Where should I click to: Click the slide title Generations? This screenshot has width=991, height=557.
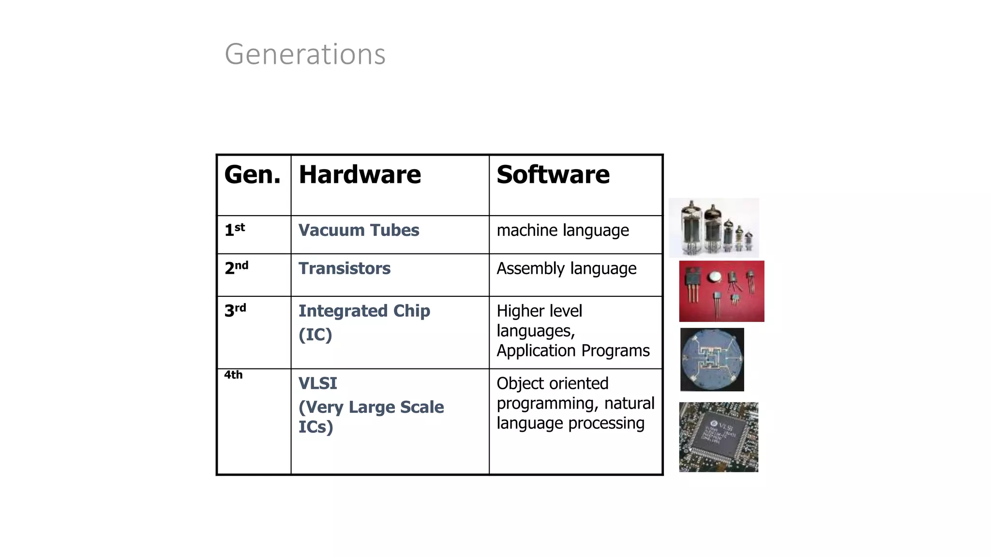point(305,54)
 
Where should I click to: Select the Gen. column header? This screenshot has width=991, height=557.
point(252,175)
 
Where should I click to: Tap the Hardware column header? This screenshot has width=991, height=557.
point(360,175)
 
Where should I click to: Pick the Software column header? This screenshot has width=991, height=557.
point(553,175)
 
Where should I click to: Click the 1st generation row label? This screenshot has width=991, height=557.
point(235,230)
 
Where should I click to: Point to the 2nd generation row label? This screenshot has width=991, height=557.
point(236,268)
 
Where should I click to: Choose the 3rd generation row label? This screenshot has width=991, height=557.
point(235,310)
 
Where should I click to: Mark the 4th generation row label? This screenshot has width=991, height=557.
point(233,375)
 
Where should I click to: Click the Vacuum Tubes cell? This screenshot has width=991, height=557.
point(359,230)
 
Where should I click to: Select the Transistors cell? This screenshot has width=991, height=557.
point(344,268)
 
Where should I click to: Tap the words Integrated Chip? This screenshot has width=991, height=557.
point(364,311)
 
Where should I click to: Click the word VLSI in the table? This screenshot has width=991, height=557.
point(317,383)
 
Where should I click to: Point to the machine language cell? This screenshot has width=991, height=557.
point(562,231)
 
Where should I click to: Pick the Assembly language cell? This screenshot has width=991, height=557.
point(566,269)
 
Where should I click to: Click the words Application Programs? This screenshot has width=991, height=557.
point(573,351)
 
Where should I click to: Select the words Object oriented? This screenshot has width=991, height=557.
point(552,383)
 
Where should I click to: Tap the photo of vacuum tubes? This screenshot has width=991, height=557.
point(714,227)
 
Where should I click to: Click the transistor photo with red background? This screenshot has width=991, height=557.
point(721,291)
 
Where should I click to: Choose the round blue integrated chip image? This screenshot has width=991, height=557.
point(712,359)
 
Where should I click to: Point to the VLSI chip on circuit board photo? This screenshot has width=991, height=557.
point(719,437)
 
